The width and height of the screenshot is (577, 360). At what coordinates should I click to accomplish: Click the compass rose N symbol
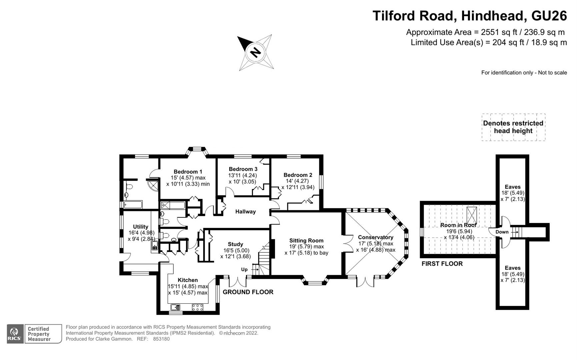(255, 53)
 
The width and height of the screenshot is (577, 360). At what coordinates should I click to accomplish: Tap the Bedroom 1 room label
(188, 172)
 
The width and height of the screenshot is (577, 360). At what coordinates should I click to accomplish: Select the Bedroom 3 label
(243, 169)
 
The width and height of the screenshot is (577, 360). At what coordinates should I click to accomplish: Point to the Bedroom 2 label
(298, 175)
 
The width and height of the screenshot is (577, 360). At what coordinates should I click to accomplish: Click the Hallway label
(245, 212)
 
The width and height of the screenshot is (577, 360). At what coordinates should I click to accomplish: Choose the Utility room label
(140, 227)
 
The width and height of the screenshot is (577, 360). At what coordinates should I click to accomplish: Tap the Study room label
(235, 244)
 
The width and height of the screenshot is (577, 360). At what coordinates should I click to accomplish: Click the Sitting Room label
(306, 241)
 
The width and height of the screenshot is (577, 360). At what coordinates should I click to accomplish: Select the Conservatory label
(375, 237)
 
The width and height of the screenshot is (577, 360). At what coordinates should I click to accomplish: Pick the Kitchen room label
(188, 280)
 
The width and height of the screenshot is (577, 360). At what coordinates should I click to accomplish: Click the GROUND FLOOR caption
(248, 292)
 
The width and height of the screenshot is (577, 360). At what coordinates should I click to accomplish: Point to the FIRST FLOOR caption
(442, 264)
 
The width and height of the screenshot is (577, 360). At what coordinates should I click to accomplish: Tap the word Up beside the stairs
(244, 269)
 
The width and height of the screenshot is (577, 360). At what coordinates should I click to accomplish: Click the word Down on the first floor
(502, 232)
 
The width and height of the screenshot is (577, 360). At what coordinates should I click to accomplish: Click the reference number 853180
(161, 339)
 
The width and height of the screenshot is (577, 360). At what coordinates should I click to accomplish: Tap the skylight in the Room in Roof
(472, 215)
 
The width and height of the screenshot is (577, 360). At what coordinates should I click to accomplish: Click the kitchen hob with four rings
(198, 307)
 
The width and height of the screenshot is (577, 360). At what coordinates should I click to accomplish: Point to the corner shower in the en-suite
(153, 185)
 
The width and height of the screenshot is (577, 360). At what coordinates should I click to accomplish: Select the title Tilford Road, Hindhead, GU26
(469, 16)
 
